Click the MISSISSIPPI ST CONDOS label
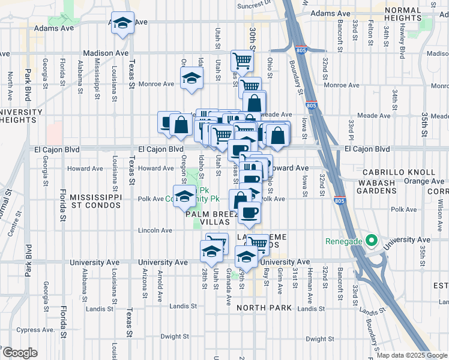97,202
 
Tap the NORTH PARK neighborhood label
264,308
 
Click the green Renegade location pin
371,242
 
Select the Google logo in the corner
20,353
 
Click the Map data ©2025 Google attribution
412,355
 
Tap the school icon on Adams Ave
122,24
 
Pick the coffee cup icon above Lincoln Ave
249,212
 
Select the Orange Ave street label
424,181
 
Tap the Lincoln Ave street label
155,230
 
